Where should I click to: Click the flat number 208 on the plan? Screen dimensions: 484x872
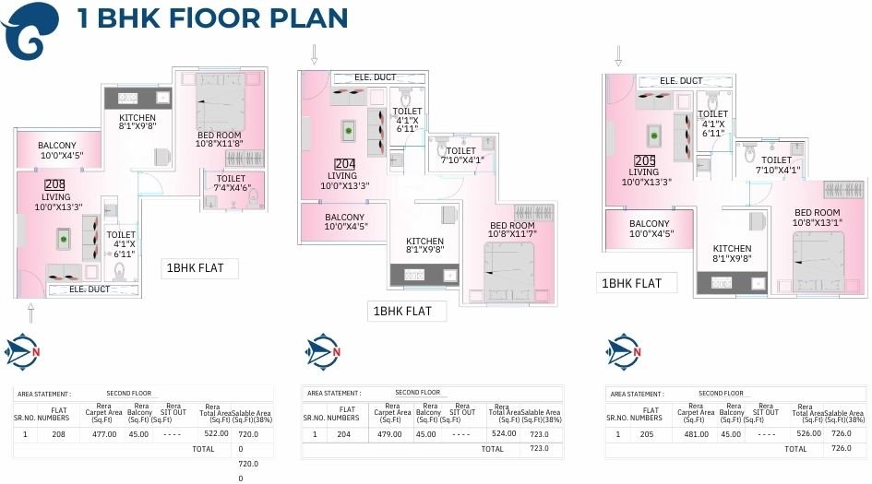pos(54,184)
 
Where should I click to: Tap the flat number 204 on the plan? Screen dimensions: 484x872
pos(343,164)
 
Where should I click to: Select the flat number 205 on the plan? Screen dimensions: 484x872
pos(644,160)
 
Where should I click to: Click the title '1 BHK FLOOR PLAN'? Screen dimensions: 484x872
pos(212,18)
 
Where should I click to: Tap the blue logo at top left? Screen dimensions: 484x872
pos(30,30)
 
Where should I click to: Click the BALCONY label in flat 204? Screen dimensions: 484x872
pos(345,222)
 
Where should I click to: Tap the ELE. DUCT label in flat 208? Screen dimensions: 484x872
pos(90,289)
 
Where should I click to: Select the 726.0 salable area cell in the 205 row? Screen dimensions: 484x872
pos(841,434)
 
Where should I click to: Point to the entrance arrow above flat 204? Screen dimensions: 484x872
pos(315,55)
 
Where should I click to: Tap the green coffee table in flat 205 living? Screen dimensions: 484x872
pos(651,136)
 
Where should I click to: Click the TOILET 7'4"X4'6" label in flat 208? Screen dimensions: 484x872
pos(232,183)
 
